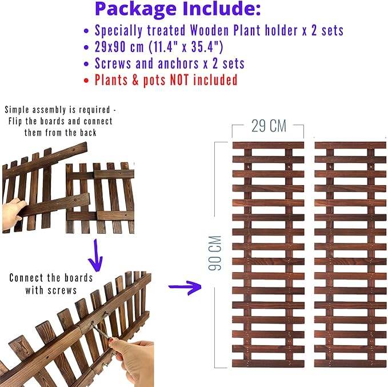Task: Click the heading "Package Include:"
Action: point(178,9)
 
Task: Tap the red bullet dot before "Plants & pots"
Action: point(86,81)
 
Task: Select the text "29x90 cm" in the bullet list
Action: point(119,47)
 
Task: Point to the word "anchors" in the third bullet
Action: point(178,63)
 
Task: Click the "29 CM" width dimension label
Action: point(269,126)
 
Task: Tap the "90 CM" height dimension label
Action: point(215,253)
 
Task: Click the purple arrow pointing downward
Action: point(95,256)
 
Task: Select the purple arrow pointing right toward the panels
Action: point(185,287)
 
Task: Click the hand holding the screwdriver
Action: point(131,361)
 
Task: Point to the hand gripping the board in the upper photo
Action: point(12,214)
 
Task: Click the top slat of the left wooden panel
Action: point(268,145)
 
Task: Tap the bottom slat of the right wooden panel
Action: point(350,364)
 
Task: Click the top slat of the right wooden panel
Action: point(350,145)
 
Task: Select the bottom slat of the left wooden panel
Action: point(268,364)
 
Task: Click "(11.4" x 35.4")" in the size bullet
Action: point(186,47)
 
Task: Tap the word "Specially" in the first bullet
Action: point(118,31)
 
